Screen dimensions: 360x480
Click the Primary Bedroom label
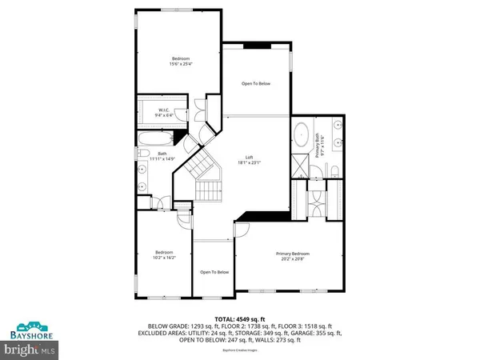[295, 254]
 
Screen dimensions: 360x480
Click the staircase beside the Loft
[204, 180]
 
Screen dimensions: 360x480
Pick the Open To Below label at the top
[256, 82]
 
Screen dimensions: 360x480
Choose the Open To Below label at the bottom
[212, 270]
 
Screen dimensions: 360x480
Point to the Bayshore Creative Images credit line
[240, 350]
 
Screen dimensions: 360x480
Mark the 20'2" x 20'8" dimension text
[295, 259]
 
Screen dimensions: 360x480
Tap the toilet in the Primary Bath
[336, 170]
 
